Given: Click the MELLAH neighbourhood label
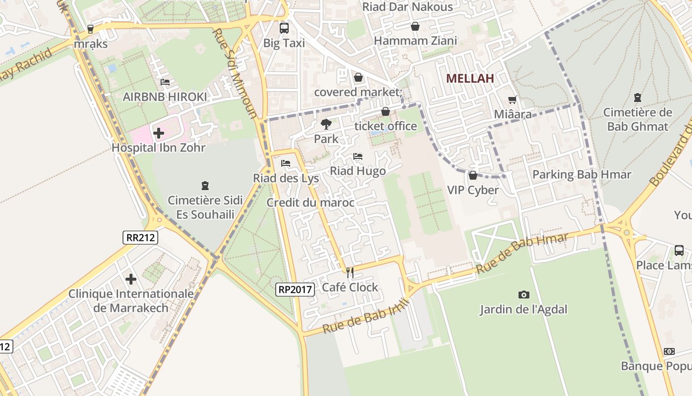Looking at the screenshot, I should [x=470, y=78].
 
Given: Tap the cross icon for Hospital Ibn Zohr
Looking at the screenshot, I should [x=159, y=133].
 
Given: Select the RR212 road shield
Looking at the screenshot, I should [x=140, y=238].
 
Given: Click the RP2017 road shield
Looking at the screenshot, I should [x=295, y=290].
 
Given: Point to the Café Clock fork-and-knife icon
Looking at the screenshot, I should [x=350, y=272].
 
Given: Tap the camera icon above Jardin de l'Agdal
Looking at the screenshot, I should [x=523, y=295].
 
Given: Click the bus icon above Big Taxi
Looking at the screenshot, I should [x=284, y=28].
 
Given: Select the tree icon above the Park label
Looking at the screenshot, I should [x=326, y=124].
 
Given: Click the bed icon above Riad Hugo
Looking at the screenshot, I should [x=358, y=156].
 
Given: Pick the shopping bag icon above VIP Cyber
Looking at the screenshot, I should [x=473, y=175].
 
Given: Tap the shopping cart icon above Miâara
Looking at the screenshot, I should [x=513, y=99].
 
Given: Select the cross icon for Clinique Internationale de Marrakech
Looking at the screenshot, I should [x=131, y=279].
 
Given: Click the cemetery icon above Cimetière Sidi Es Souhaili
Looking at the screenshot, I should [x=205, y=186].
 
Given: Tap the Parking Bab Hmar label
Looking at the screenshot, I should [x=582, y=175].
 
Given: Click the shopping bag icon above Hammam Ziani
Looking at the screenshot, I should [x=415, y=26].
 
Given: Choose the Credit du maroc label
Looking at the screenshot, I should [x=310, y=202].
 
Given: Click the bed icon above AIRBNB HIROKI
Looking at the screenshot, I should [x=165, y=82].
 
